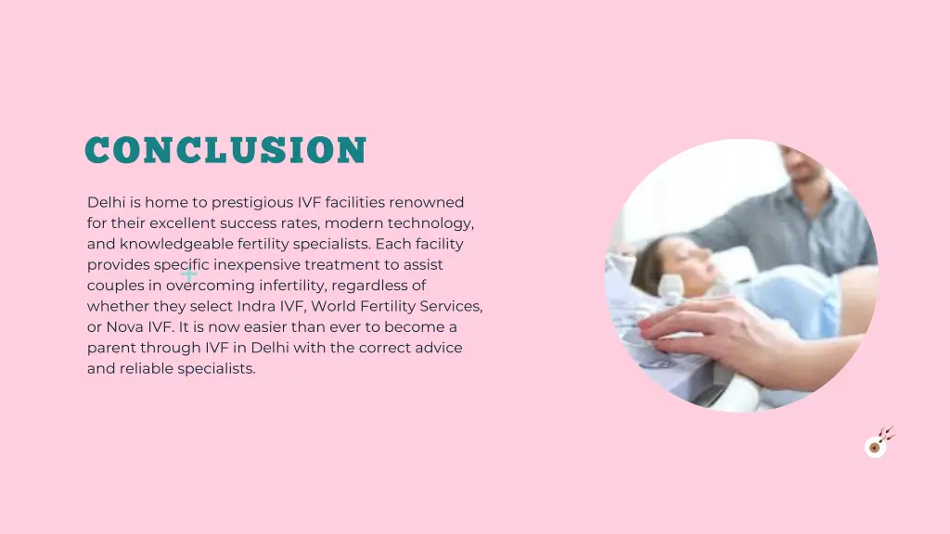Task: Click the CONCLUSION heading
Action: (225, 150)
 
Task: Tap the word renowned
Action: (427, 202)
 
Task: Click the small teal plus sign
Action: (189, 273)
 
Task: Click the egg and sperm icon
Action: (878, 443)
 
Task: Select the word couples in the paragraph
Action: (114, 286)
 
